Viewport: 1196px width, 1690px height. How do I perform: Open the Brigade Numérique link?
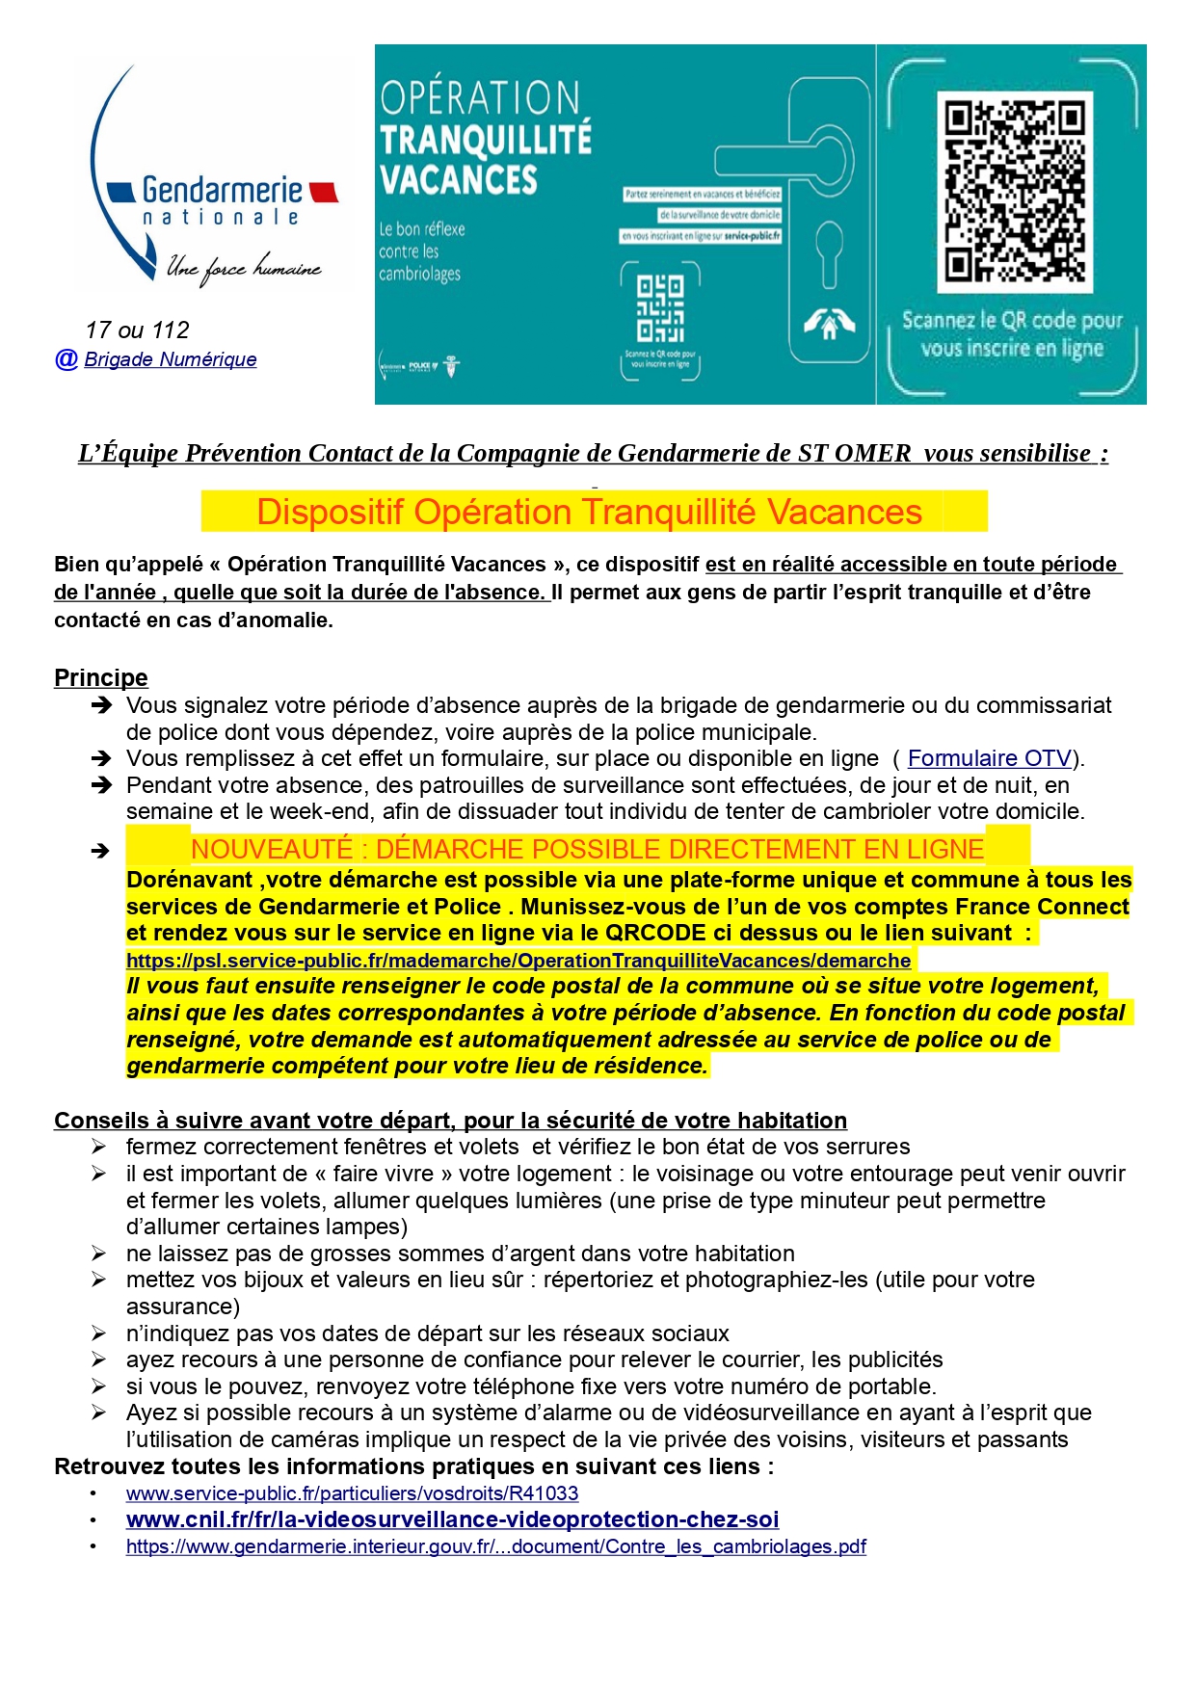pyautogui.click(x=171, y=359)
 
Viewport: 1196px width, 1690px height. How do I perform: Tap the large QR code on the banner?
pyautogui.click(x=1014, y=192)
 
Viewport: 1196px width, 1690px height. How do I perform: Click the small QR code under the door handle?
pyautogui.click(x=660, y=308)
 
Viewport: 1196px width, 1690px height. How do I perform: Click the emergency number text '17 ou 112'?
pyautogui.click(x=137, y=330)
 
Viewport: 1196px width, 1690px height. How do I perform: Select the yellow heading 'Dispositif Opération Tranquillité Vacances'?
pyautogui.click(x=589, y=512)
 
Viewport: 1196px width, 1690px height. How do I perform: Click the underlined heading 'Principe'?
pyautogui.click(x=100, y=677)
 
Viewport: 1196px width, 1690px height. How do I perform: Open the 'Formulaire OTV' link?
pyautogui.click(x=989, y=758)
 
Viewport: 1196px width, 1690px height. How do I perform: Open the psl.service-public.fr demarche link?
pyautogui.click(x=518, y=961)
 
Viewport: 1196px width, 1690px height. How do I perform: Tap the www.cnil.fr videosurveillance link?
pyautogui.click(x=452, y=1519)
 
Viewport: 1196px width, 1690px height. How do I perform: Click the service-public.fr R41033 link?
pyautogui.click(x=352, y=1493)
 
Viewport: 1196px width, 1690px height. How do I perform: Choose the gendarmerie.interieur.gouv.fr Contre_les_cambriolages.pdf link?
pyautogui.click(x=495, y=1546)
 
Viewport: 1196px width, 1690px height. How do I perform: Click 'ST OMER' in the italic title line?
pyautogui.click(x=854, y=453)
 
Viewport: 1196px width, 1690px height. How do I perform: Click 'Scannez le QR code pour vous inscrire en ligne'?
pyautogui.click(x=1012, y=333)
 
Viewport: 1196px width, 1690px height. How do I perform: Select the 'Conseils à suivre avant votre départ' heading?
pyautogui.click(x=450, y=1121)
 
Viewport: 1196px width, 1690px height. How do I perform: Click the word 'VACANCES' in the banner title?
pyautogui.click(x=458, y=180)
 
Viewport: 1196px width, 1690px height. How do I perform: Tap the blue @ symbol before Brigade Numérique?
pyautogui.click(x=66, y=359)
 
